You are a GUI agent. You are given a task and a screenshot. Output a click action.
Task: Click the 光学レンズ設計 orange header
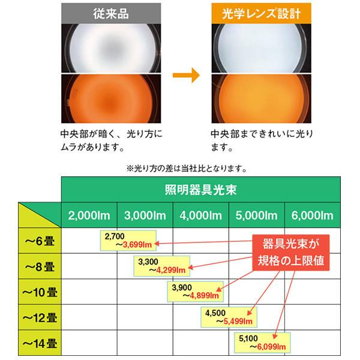tap(258, 12)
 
